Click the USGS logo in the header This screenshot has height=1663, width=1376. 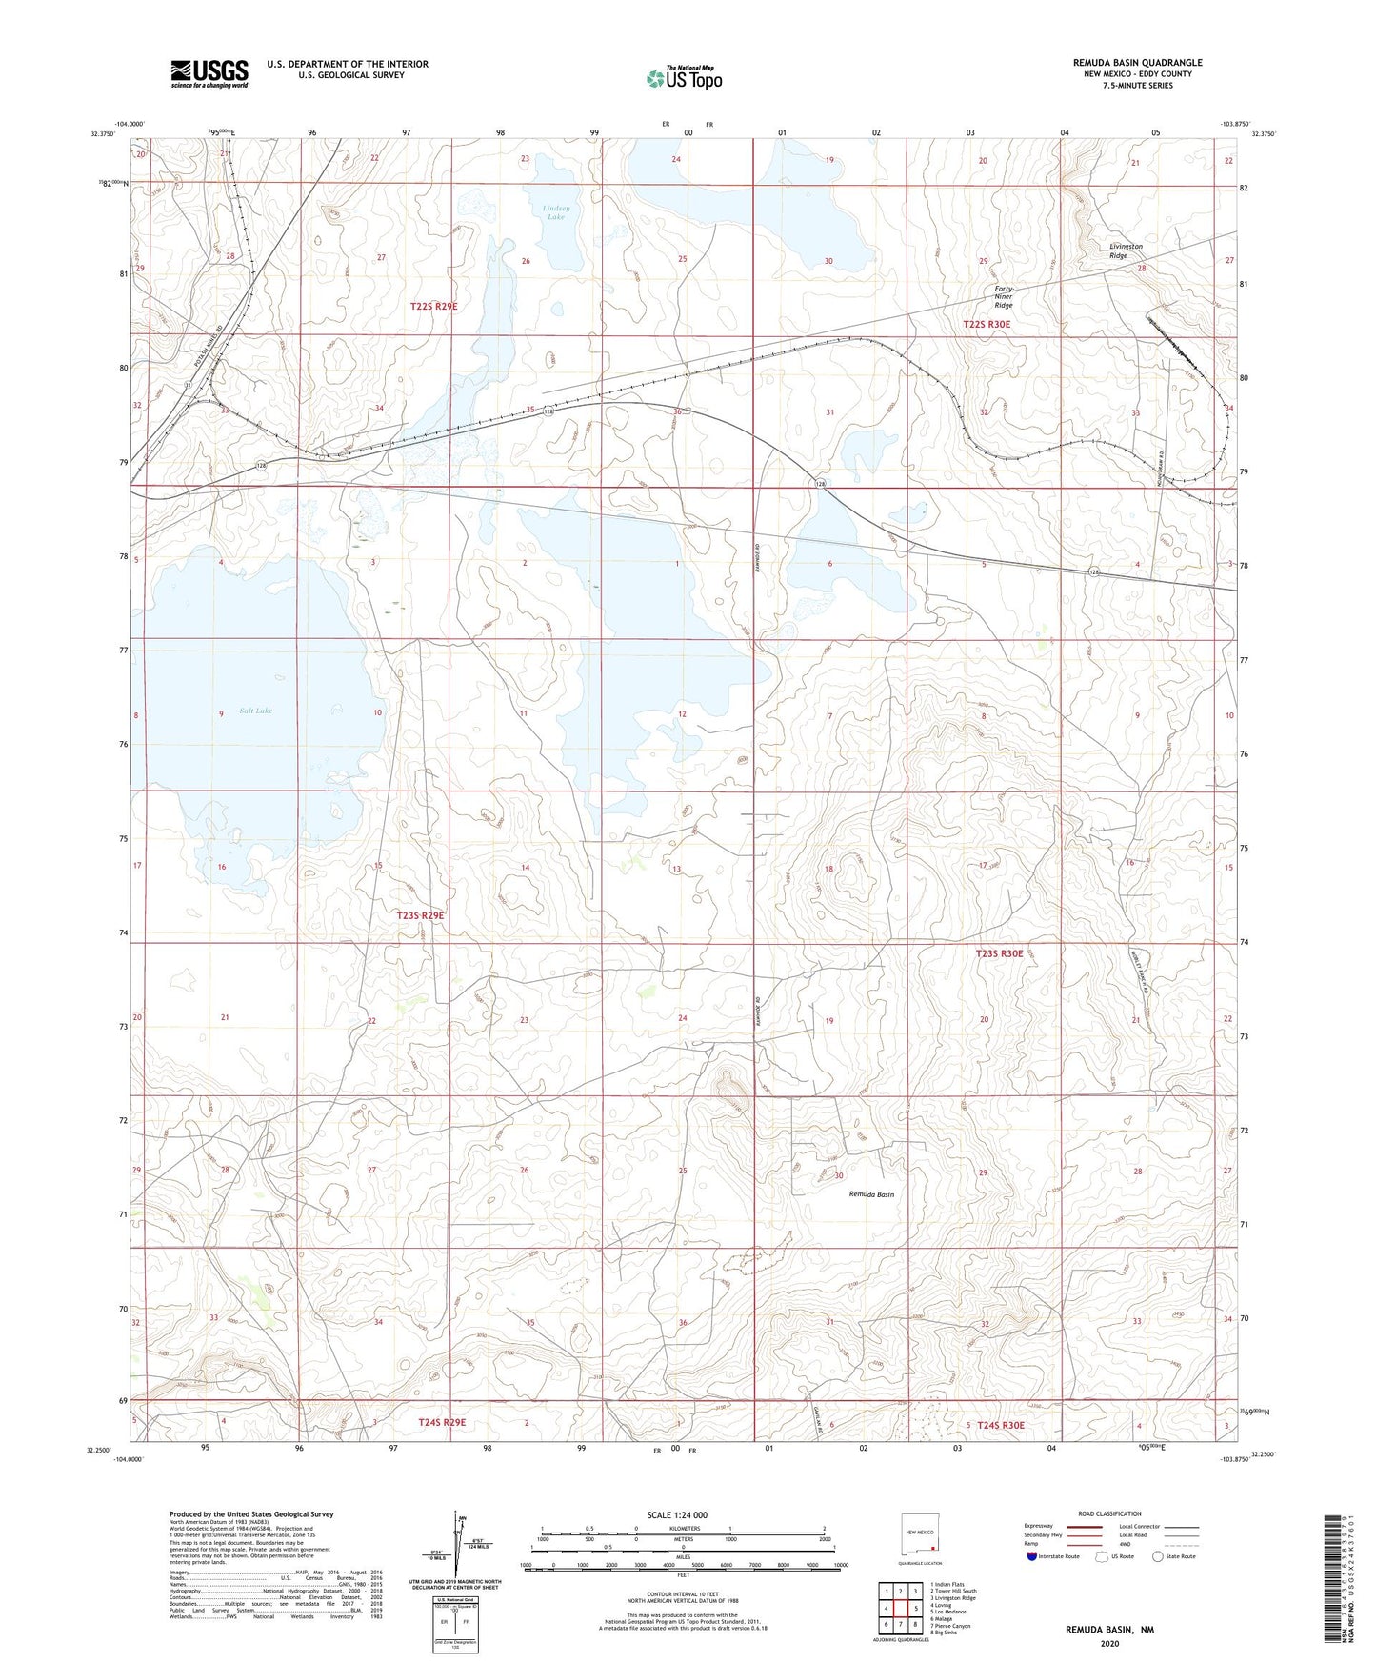209,73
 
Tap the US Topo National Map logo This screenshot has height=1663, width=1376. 684,78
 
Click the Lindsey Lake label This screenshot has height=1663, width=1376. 555,212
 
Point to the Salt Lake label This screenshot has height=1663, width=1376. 255,711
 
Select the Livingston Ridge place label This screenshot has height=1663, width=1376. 1126,250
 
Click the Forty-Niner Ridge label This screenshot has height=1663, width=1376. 1004,297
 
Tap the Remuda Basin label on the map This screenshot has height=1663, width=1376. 871,1194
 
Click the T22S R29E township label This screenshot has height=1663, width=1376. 440,306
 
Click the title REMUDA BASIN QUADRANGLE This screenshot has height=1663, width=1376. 1137,62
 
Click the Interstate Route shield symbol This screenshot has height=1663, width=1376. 1032,1556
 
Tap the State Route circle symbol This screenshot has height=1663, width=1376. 1158,1556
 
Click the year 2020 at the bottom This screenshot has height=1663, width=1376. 1109,1643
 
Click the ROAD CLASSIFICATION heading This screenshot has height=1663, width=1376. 1109,1513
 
